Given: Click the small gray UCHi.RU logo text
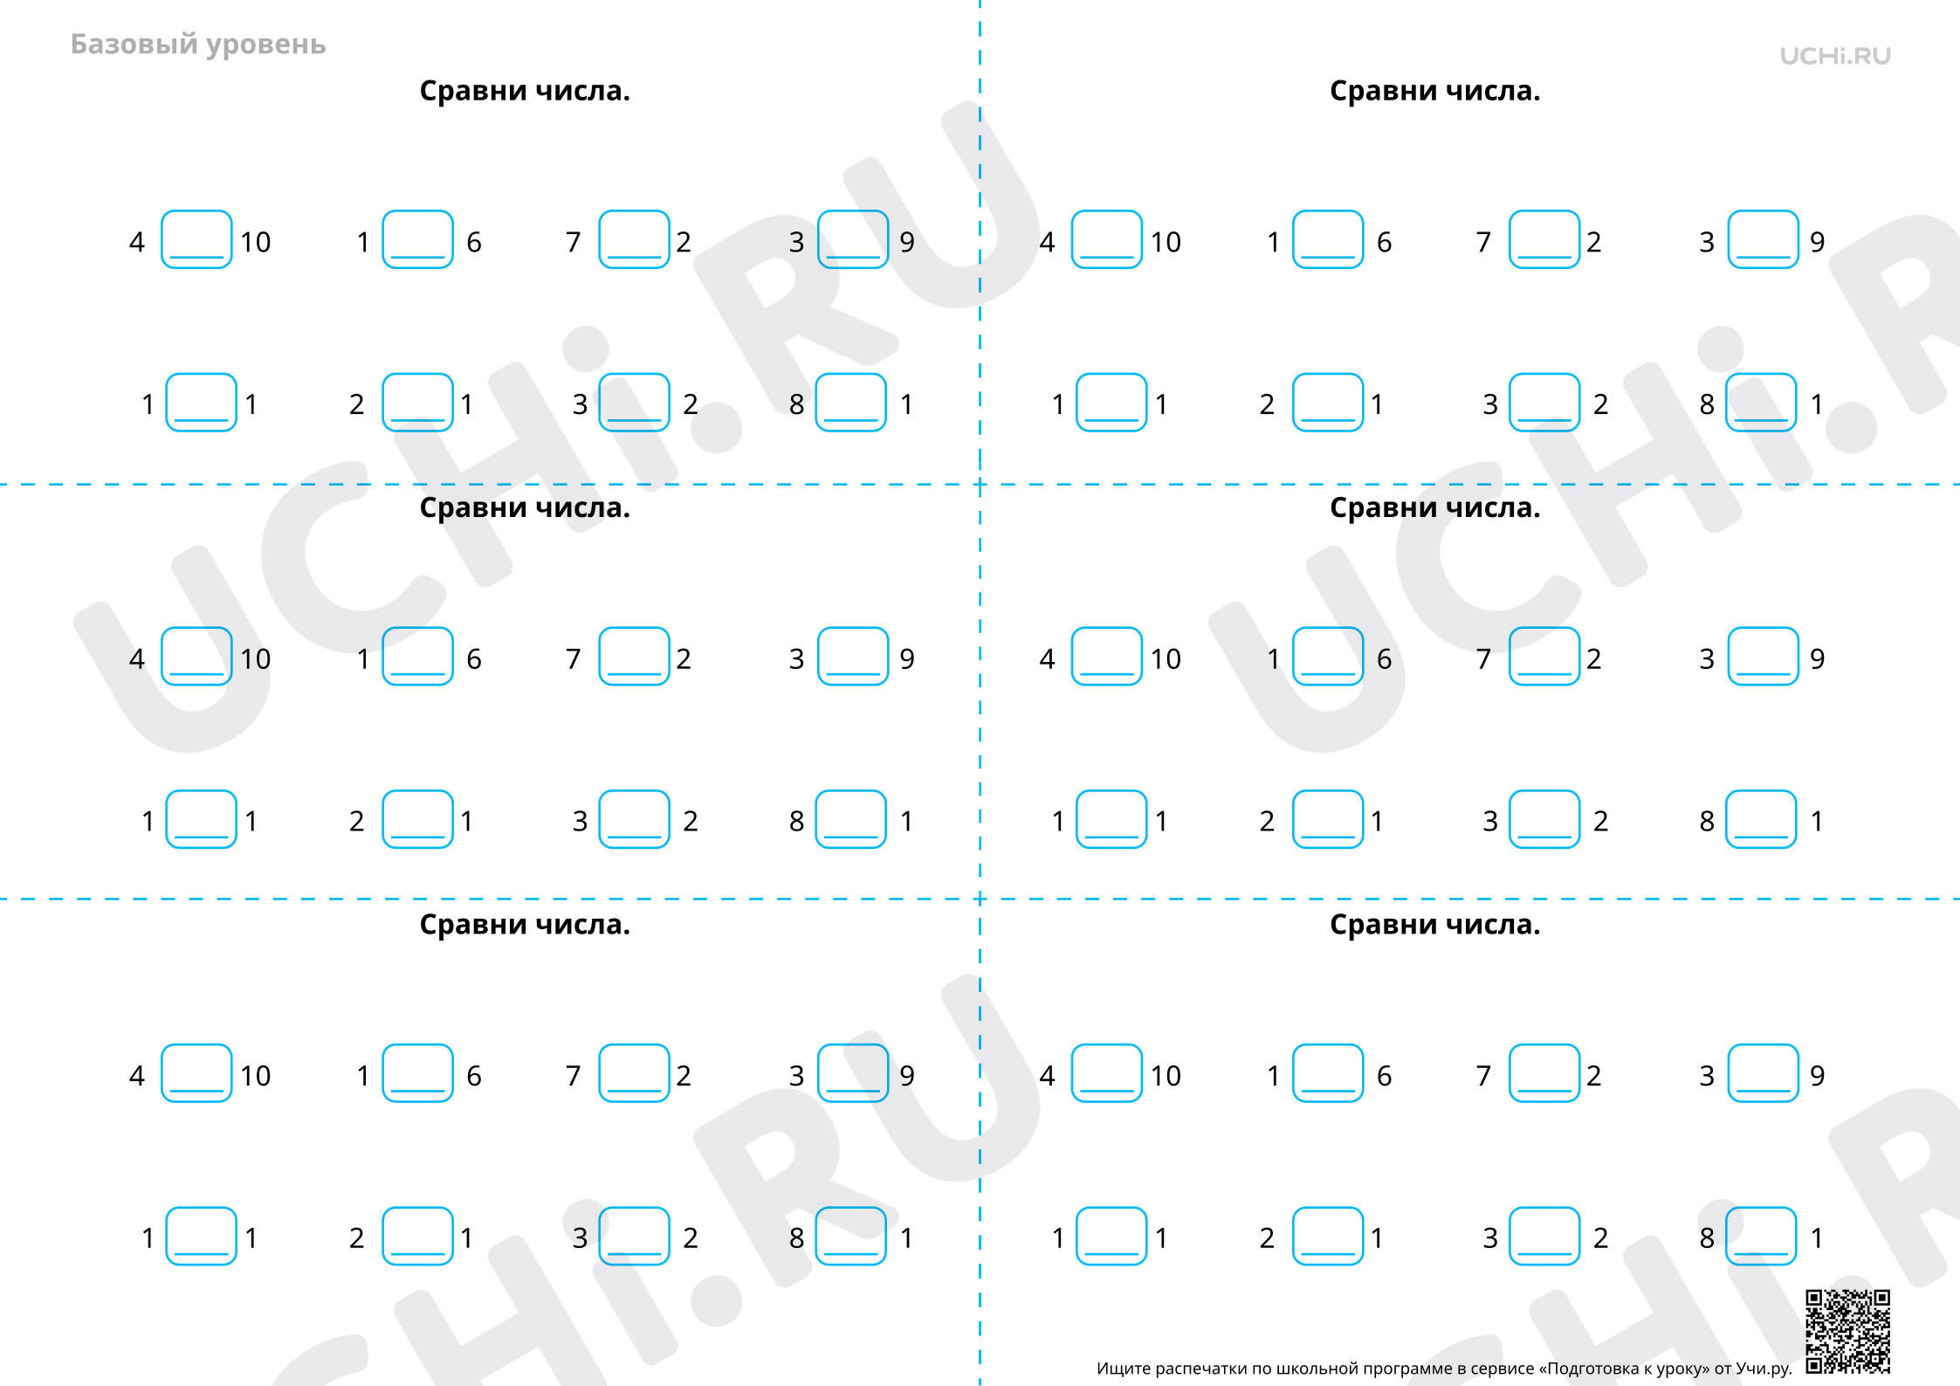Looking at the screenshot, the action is pos(1835,56).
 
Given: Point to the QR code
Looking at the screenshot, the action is pos(1848,1331).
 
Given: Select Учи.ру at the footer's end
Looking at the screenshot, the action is pos(1764,1369).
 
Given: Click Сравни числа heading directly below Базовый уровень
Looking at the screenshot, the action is pos(525,91).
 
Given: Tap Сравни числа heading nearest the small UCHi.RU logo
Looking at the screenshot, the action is pos(1434,91).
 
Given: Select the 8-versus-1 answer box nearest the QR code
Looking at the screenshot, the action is pos(1761,1236).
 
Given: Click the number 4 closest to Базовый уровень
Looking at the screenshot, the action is pos(137,242).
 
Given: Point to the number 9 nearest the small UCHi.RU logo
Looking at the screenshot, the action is pos(1817,242).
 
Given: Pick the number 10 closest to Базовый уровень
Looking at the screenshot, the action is pos(256,242).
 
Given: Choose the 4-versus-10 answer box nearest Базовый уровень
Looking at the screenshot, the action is pos(196,239).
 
